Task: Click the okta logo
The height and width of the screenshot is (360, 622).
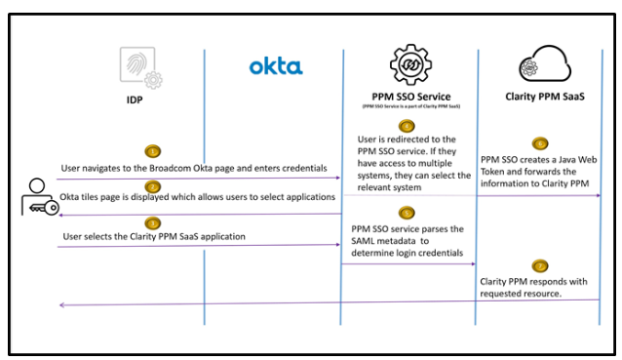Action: (x=276, y=66)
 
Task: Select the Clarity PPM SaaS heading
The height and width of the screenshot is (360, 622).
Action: (x=537, y=96)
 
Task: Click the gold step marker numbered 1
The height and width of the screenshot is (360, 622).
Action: (x=153, y=151)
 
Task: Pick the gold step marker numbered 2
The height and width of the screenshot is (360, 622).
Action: (x=153, y=185)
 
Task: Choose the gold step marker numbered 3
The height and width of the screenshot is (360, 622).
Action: (x=153, y=221)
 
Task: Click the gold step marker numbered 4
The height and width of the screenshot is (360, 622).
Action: (x=408, y=126)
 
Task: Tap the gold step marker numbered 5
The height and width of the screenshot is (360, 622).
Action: (x=408, y=213)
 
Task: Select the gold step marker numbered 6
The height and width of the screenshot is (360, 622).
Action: (x=539, y=143)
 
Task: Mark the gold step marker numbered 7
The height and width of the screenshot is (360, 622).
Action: (x=539, y=265)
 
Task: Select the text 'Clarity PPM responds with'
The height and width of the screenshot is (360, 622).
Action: (x=532, y=281)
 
